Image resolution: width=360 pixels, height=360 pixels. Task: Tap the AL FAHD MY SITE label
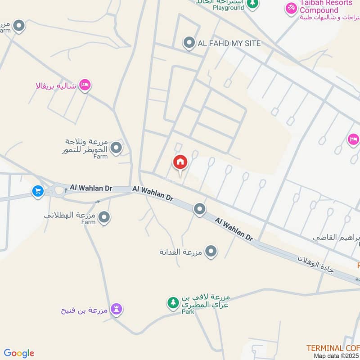(229, 43)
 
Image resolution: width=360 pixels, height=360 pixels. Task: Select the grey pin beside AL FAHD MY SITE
(189, 43)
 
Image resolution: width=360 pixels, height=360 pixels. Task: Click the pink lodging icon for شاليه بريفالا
(85, 85)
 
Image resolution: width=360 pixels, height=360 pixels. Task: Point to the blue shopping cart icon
(37, 191)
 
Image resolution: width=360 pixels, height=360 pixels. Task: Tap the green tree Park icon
(173, 302)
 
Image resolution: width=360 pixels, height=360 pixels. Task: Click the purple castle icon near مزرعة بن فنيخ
(117, 309)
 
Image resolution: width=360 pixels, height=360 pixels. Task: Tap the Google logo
(19, 353)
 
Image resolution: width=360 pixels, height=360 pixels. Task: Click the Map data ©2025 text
(337, 355)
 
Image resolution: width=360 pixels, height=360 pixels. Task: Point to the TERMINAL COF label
(333, 348)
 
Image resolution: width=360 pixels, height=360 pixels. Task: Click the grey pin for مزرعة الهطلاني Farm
(104, 218)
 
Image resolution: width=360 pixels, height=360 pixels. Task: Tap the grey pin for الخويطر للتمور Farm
(117, 147)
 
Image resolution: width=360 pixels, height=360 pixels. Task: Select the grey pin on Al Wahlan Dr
(199, 209)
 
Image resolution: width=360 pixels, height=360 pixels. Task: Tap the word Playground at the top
(228, 8)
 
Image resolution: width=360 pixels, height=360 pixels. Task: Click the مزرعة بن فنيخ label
(85, 310)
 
